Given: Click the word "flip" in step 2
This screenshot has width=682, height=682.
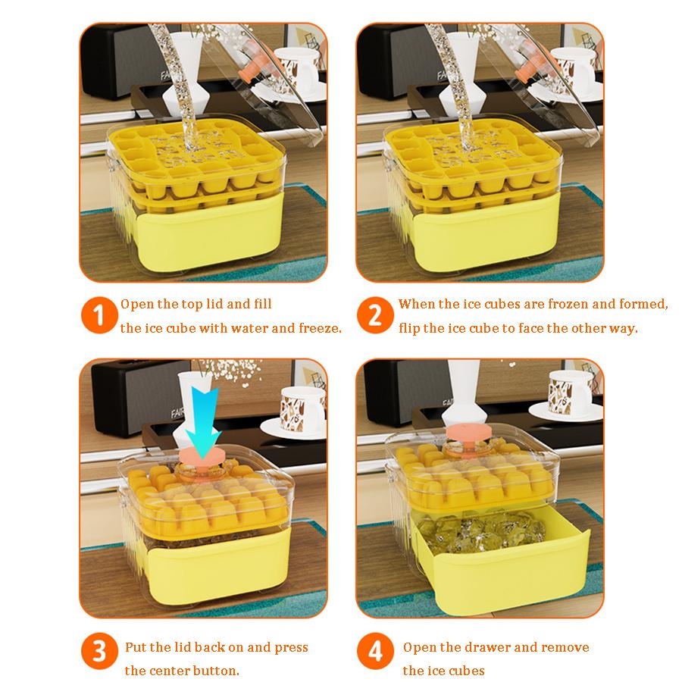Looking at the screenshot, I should pyautogui.click(x=411, y=329).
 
